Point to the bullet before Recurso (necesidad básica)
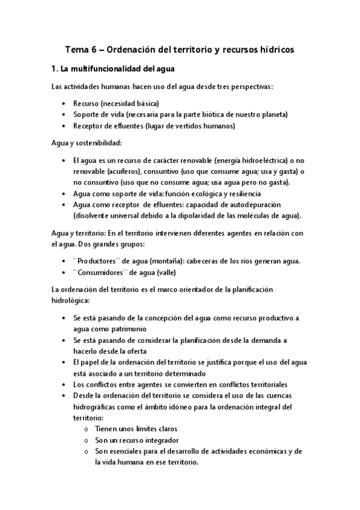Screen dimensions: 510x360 tap(64, 103)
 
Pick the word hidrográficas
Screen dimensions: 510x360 tap(99, 407)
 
